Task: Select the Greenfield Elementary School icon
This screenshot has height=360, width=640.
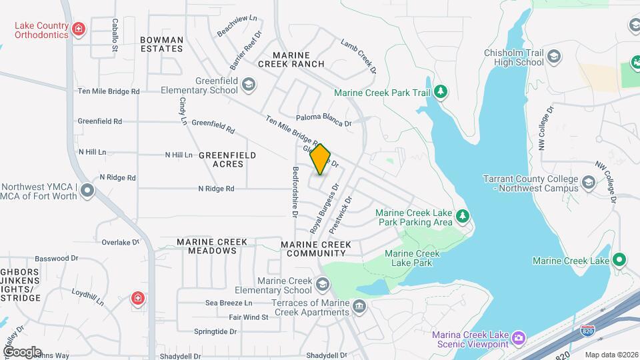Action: [249, 84]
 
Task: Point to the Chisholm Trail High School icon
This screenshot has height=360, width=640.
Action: [553, 58]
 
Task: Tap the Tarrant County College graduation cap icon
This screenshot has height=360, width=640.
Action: [588, 183]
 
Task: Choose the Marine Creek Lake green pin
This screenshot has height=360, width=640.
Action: [619, 260]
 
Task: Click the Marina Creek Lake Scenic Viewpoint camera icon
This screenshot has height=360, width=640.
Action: [518, 339]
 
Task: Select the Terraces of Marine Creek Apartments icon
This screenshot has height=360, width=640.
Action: [359, 307]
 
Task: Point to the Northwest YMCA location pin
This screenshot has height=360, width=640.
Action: [87, 192]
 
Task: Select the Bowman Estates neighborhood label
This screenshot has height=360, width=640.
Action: [161, 44]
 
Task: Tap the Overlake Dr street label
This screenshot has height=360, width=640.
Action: [120, 243]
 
